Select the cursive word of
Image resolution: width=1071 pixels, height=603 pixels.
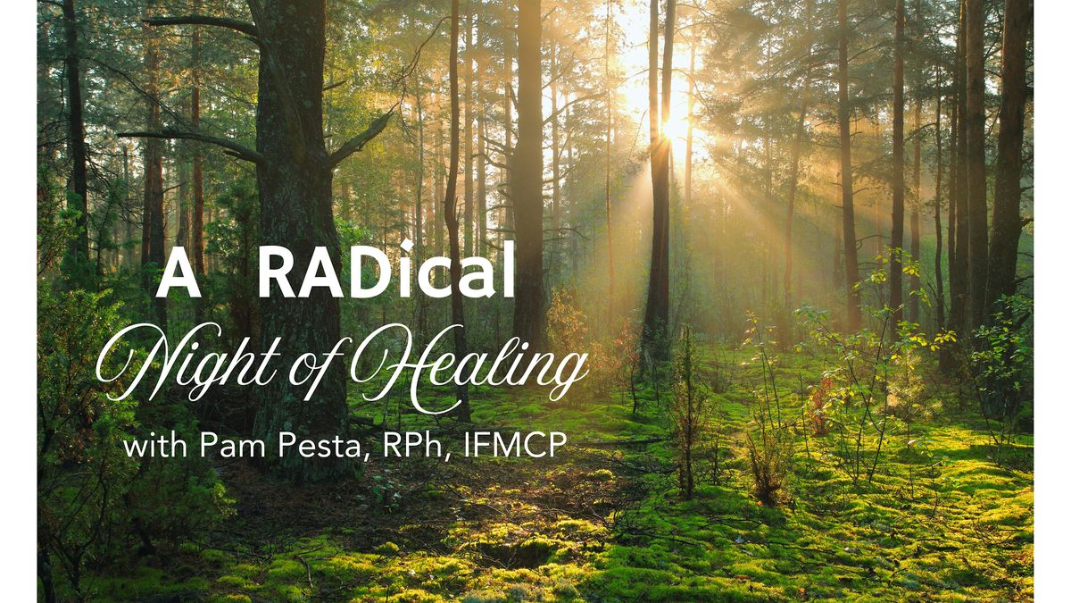click(311, 366)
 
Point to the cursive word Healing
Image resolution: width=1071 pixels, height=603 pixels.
click(464, 366)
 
